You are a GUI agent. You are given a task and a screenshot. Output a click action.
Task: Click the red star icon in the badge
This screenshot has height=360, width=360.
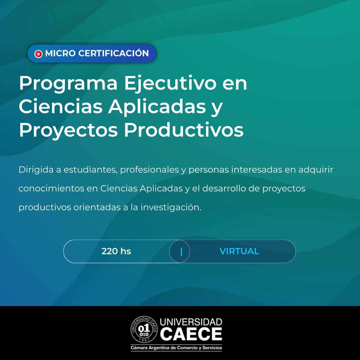click(x=38, y=54)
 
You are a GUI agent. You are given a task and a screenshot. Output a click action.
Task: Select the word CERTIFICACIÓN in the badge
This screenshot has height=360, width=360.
click(x=113, y=53)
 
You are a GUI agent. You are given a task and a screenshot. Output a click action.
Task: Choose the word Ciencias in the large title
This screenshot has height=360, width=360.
click(x=61, y=106)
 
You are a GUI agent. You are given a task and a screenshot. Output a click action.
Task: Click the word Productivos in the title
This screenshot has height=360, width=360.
click(x=184, y=129)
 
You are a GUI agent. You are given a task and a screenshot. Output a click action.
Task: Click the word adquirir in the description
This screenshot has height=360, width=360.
click(x=316, y=170)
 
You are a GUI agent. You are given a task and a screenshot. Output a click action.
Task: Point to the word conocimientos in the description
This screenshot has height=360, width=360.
click(x=51, y=188)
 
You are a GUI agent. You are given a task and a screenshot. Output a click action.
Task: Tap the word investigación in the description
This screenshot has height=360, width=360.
click(x=171, y=207)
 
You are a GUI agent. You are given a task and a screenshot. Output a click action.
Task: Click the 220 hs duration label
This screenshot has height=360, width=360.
click(x=116, y=251)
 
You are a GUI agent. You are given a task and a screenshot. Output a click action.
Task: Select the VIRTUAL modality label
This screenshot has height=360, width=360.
click(x=239, y=251)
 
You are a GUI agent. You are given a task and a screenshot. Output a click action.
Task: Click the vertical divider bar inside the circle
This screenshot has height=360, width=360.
click(x=181, y=252)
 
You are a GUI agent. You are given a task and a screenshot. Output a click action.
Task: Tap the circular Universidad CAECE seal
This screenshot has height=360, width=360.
click(x=144, y=329)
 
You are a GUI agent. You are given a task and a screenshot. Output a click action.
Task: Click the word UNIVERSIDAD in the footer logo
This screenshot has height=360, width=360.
click(x=191, y=322)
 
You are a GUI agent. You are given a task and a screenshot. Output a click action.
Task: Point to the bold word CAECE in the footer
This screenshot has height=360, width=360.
click(x=191, y=334)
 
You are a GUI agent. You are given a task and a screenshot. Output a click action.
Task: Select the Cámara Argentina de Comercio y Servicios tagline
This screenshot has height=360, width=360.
click(x=176, y=348)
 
